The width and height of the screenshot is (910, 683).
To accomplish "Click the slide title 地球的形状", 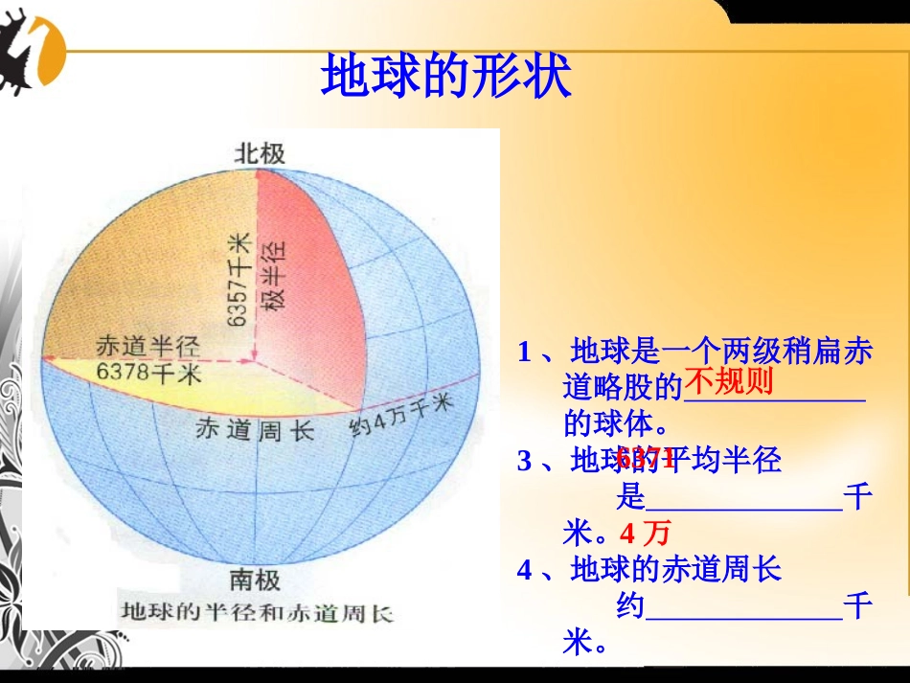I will pyautogui.click(x=446, y=77).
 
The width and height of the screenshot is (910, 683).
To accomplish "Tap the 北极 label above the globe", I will pyautogui.click(x=260, y=153).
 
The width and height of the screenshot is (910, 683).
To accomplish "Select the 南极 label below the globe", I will pyautogui.click(x=255, y=580).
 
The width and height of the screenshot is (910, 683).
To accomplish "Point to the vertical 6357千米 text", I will pyautogui.click(x=239, y=279).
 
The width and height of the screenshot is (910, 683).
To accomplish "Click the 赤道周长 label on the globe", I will pyautogui.click(x=254, y=430).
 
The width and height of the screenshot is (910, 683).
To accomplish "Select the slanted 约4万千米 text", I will pyautogui.click(x=399, y=415).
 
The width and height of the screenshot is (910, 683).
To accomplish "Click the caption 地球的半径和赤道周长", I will pyautogui.click(x=258, y=611).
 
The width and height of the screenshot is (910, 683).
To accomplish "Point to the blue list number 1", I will pyautogui.click(x=524, y=352).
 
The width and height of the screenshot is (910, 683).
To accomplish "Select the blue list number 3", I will pyautogui.click(x=524, y=461).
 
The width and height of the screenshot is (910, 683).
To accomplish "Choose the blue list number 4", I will pyautogui.click(x=524, y=570).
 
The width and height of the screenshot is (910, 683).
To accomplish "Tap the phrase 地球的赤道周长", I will pyautogui.click(x=676, y=570).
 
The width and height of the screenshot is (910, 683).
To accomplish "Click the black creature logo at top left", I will pyautogui.click(x=31, y=55).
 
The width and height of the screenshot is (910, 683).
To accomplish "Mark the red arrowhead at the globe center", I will pyautogui.click(x=253, y=360).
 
